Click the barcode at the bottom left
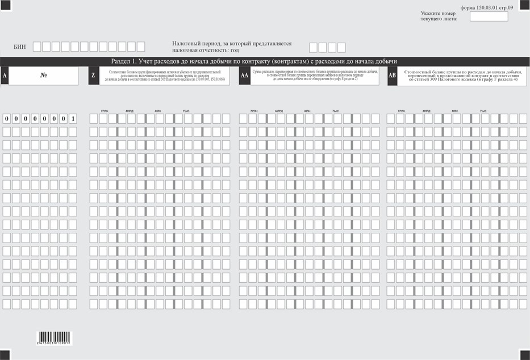(x=54, y=338)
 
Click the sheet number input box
(x=489, y=16)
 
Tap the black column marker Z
(x=93, y=76)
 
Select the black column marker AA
(x=244, y=76)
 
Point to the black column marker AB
(x=392, y=76)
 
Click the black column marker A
(x=5, y=76)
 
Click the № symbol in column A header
(x=43, y=76)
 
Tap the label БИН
(x=19, y=47)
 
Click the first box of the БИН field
(x=37, y=47)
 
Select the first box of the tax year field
(x=314, y=48)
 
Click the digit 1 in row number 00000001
(x=73, y=119)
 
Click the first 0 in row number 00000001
(x=7, y=119)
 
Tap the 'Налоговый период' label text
(x=231, y=47)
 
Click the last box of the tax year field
(x=341, y=48)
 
